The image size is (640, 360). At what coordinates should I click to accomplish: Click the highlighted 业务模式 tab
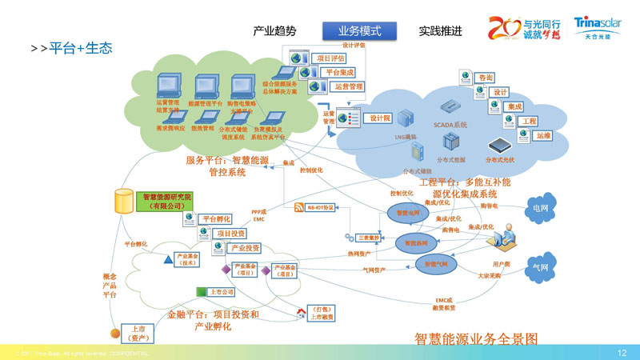359,31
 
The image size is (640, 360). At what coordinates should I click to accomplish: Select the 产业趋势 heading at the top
274,31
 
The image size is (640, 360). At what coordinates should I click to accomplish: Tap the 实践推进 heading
440,31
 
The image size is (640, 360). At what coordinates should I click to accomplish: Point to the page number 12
622,352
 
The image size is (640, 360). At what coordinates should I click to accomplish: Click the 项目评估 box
330,58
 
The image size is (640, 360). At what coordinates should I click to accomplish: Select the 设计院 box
379,118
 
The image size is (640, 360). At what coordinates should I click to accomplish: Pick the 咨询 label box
485,78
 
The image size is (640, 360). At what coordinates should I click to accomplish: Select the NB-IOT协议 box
318,207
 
